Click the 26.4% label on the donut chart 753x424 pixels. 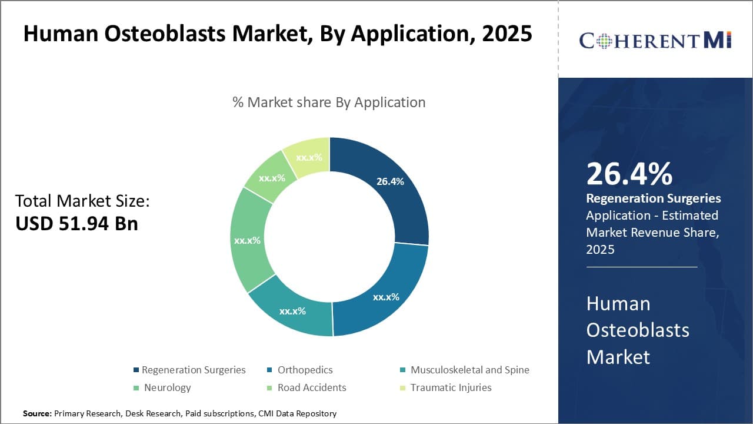390,181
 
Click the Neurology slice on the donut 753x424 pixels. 247,241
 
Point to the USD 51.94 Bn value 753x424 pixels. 76,224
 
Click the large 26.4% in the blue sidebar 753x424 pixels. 629,174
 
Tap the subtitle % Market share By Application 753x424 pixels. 329,102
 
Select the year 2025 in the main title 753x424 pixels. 507,34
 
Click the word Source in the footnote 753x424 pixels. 37,413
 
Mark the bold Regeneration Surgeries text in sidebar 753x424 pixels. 654,198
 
